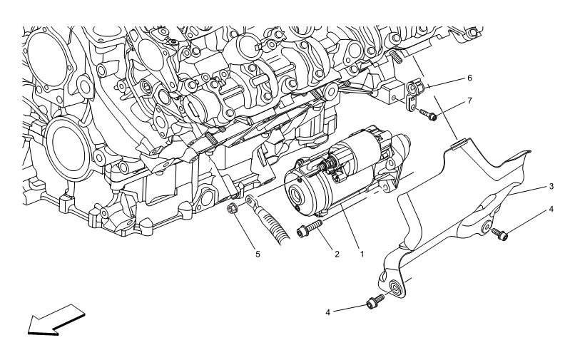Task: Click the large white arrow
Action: tap(57, 319)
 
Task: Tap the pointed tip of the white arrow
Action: tap(30, 331)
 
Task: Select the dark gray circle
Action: tap(233, 208)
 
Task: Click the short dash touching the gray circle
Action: tap(243, 203)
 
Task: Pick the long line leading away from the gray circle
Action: tap(285, 183)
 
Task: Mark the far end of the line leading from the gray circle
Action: tap(317, 169)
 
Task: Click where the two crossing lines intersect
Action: tap(442, 112)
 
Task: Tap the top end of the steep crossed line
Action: tap(413, 56)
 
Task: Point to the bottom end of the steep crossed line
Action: tap(457, 139)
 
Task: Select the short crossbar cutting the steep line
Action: tap(451, 108)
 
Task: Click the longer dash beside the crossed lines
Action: tap(399, 101)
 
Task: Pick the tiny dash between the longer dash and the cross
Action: tap(416, 108)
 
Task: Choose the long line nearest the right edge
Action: tap(526, 221)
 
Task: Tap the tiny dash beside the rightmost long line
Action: tap(489, 228)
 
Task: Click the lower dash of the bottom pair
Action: tap(390, 291)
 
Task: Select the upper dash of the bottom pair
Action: tap(407, 280)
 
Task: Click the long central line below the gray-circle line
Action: tap(354, 204)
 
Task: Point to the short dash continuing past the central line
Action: tap(407, 176)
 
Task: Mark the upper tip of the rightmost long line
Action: tap(544, 211)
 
